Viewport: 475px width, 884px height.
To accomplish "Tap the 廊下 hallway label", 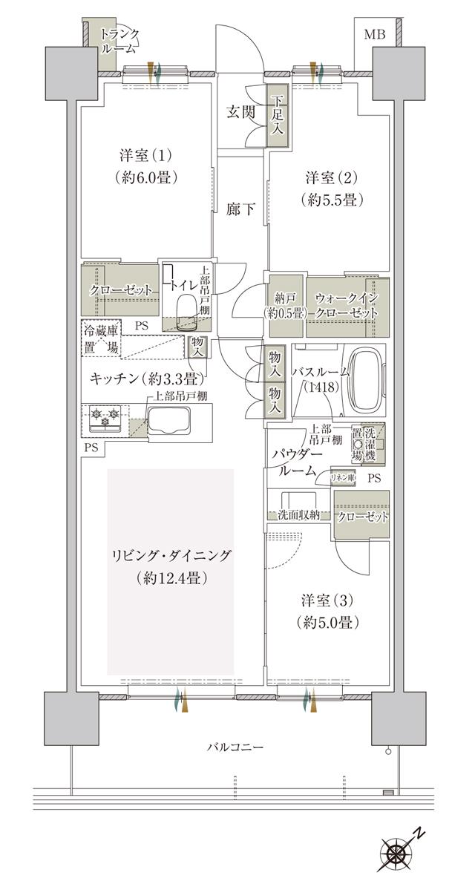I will [x=240, y=209].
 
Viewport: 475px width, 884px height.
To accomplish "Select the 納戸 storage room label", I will [x=286, y=305].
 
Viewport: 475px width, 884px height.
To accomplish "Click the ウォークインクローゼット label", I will [x=347, y=305].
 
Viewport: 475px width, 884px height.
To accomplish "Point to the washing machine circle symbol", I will [x=357, y=444].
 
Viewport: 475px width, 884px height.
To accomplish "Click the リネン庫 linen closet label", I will [x=342, y=479].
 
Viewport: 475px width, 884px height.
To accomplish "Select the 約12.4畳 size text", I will [x=171, y=577].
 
